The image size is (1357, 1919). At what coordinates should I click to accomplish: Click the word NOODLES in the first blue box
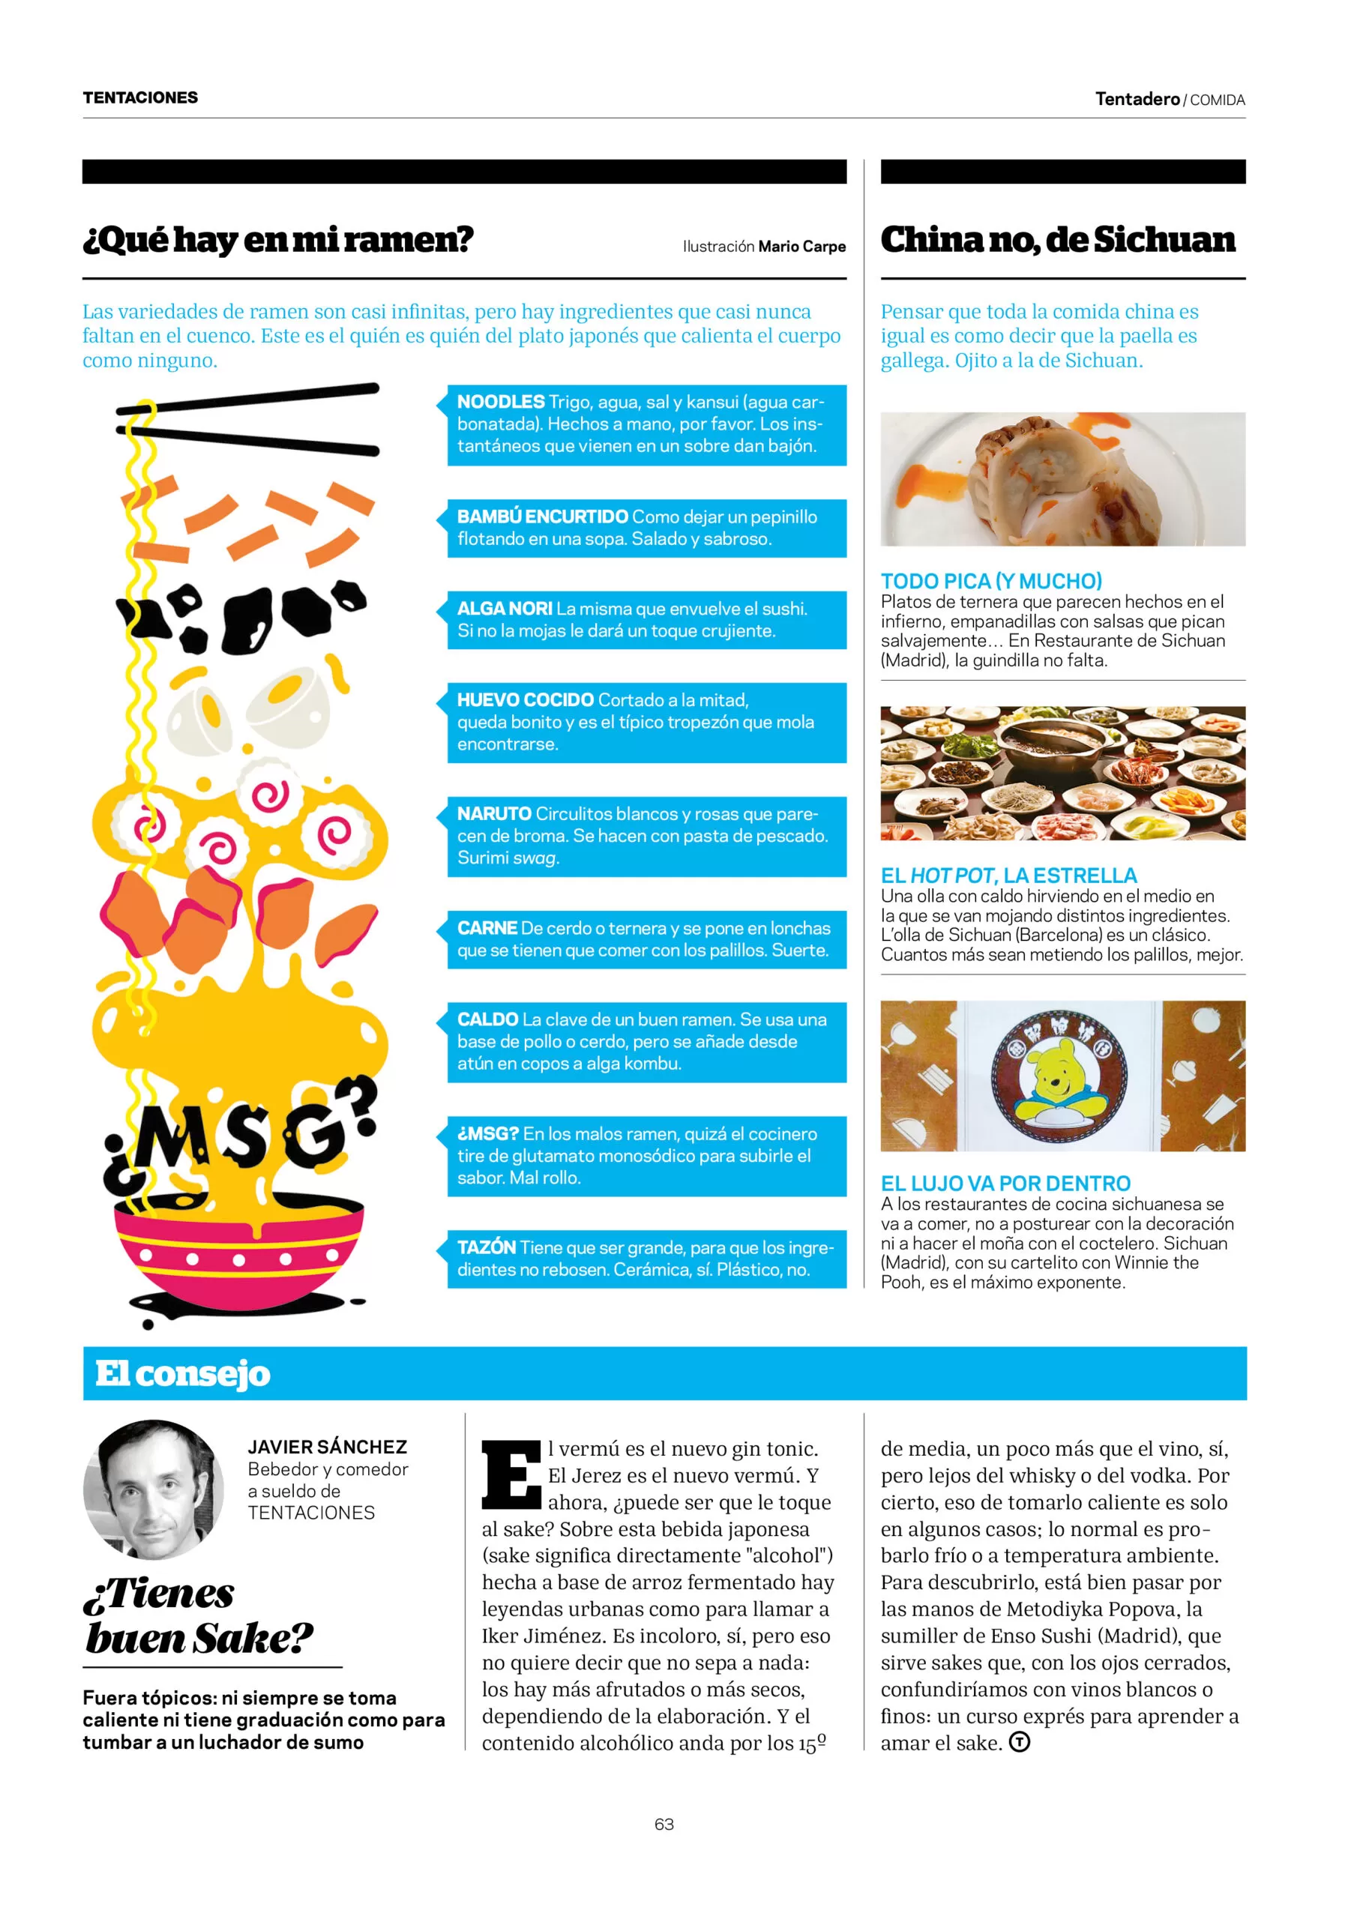pyautogui.click(x=500, y=401)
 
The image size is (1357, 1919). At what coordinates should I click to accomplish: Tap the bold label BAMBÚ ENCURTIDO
pyautogui.click(x=542, y=516)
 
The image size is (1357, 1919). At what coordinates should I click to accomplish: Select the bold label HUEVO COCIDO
pyautogui.click(x=524, y=699)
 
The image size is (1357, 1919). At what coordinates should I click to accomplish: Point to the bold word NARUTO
pyautogui.click(x=493, y=813)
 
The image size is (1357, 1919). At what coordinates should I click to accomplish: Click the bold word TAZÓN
pyautogui.click(x=486, y=1247)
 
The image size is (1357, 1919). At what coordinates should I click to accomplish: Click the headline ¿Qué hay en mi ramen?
pyautogui.click(x=277, y=240)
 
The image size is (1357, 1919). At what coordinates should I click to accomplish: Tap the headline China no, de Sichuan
pyautogui.click(x=1057, y=240)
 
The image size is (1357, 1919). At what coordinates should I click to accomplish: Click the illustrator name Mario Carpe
pyautogui.click(x=801, y=247)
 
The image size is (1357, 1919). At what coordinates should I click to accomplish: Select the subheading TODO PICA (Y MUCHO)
pyautogui.click(x=991, y=581)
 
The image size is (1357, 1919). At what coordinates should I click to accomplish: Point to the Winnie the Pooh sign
pyautogui.click(x=1058, y=1076)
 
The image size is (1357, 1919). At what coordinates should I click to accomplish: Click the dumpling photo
pyautogui.click(x=1062, y=479)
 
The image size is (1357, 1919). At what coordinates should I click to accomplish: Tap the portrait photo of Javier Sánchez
pyautogui.click(x=153, y=1489)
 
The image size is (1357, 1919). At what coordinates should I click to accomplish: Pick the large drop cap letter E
pyautogui.click(x=510, y=1475)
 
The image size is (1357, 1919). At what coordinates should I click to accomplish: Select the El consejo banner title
pyautogui.click(x=182, y=1374)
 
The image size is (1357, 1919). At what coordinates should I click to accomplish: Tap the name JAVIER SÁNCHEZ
pyautogui.click(x=327, y=1447)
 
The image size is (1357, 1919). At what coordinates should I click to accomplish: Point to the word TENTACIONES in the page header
pyautogui.click(x=140, y=97)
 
